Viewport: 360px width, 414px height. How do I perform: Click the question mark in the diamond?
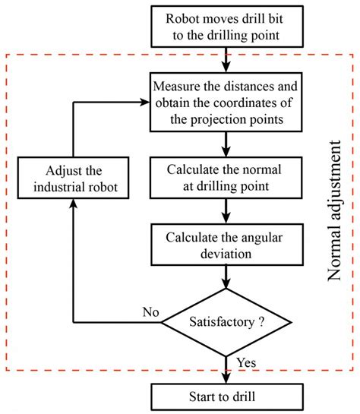[x=261, y=322]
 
